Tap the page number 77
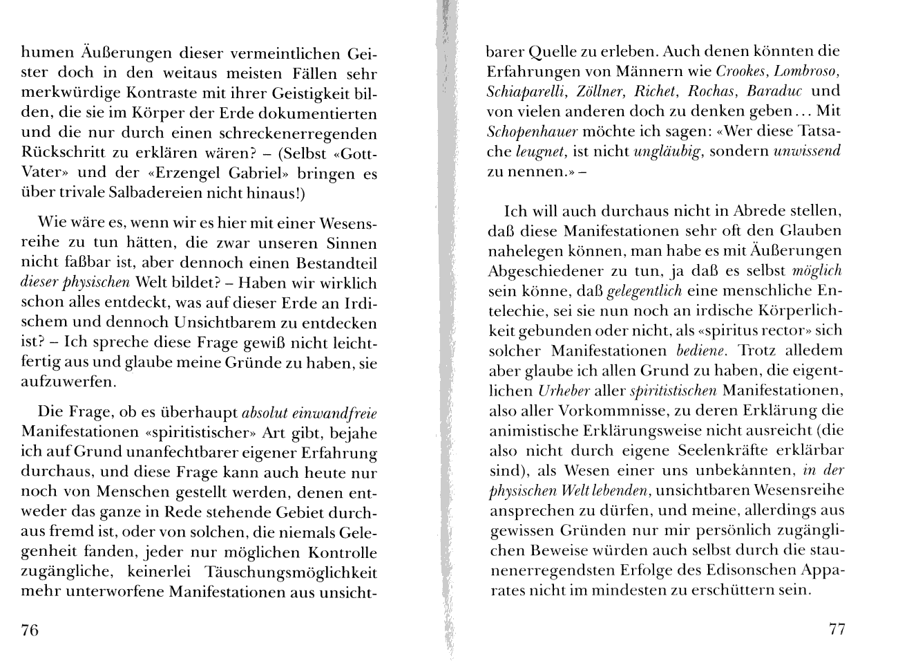coord(837,629)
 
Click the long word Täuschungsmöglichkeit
coord(290,573)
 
